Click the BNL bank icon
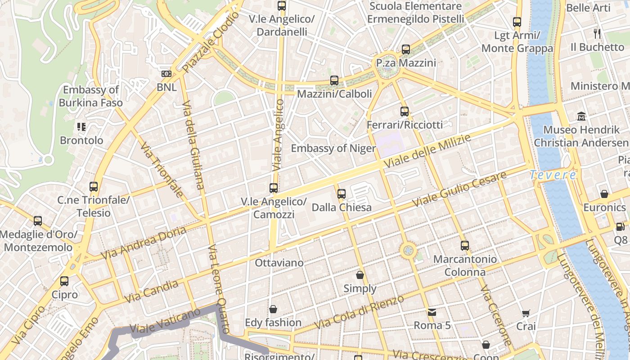[x=166, y=73]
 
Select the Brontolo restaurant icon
[x=81, y=127]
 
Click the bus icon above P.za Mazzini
[x=406, y=49]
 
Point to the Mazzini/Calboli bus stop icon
[x=334, y=81]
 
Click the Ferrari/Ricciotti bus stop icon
[x=405, y=111]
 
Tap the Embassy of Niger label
[x=333, y=148]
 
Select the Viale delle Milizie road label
[x=427, y=151]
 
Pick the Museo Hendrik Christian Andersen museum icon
[x=581, y=117]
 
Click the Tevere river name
[x=553, y=175]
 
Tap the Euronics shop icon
[x=604, y=194]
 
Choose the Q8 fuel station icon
[x=621, y=227]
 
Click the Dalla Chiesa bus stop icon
[x=342, y=194]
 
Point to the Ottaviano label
[x=279, y=262]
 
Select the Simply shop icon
[x=360, y=275]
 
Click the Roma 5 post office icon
[x=432, y=312]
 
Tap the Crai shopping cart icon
[x=526, y=313]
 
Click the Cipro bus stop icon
[x=64, y=281]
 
